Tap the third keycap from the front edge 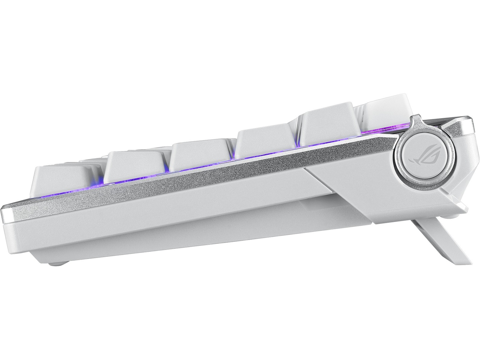pos(201,155)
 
